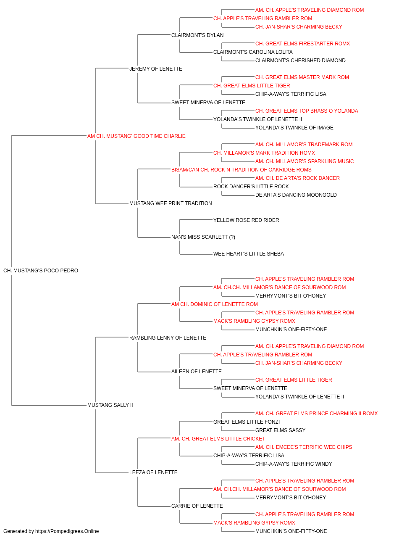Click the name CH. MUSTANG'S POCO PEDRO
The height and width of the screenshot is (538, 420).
(41, 271)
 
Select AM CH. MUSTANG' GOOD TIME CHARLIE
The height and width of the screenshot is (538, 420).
(136, 136)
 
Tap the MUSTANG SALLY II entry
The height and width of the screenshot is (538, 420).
(110, 405)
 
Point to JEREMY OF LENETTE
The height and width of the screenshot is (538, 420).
(155, 69)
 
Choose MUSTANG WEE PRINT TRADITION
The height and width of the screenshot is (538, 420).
(171, 203)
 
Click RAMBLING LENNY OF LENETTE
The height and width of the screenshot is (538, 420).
(168, 338)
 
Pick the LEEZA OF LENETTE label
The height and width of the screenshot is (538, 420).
(153, 472)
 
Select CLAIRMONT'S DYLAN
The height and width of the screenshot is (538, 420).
(197, 35)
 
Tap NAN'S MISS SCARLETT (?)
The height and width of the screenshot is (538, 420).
(203, 237)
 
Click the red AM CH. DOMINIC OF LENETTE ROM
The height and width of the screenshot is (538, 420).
(215, 304)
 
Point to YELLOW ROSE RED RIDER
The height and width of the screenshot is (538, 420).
(246, 220)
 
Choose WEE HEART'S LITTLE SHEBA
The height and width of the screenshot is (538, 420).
(249, 254)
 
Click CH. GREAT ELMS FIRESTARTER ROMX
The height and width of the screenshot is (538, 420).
(302, 44)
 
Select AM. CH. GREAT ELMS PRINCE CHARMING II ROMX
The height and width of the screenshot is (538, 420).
(316, 414)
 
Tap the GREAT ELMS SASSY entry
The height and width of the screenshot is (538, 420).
(280, 430)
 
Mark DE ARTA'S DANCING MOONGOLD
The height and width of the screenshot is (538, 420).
(296, 195)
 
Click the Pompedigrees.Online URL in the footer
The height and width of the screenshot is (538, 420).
(67, 531)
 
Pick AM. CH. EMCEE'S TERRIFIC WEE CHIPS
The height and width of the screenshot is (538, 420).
(304, 447)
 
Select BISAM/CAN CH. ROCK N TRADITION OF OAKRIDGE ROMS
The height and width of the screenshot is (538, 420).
(241, 169)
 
